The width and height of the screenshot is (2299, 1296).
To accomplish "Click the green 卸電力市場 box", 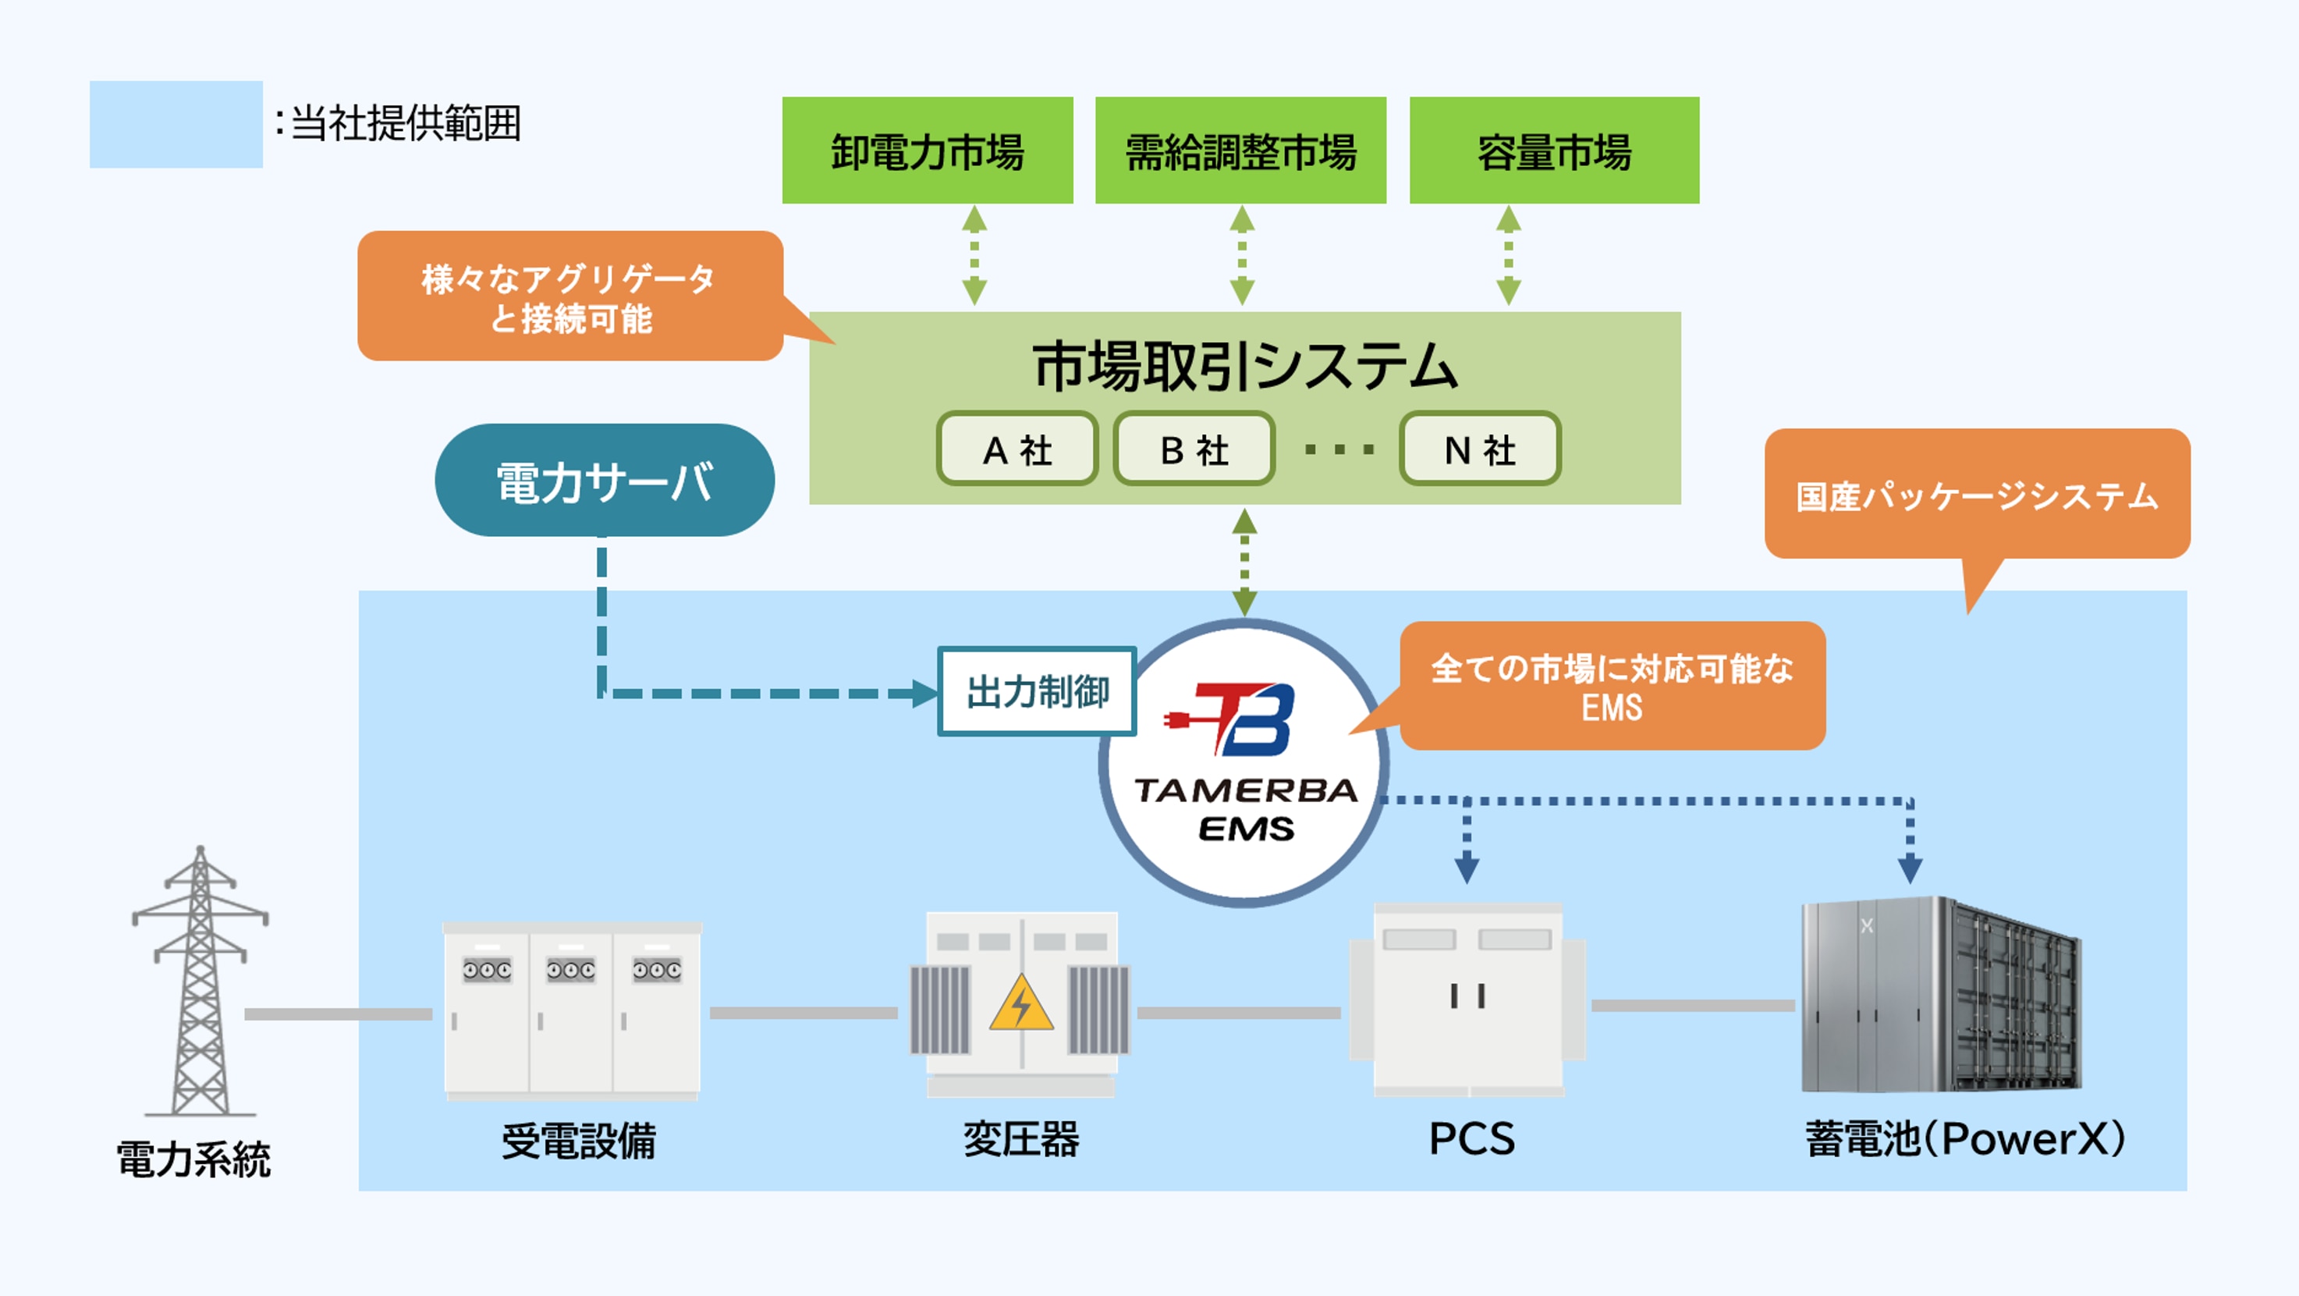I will click(x=928, y=150).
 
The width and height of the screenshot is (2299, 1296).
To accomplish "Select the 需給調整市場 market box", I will click(x=1240, y=150).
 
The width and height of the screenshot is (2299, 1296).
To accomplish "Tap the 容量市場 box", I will click(x=1554, y=150).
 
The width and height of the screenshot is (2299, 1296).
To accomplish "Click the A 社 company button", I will click(x=1016, y=449).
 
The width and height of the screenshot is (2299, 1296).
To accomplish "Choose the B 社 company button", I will click(x=1194, y=449).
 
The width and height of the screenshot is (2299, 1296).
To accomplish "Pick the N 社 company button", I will click(x=1480, y=449).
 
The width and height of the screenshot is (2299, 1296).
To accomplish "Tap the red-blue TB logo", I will click(x=1236, y=719).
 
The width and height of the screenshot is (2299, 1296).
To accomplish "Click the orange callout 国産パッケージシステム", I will click(x=1977, y=495).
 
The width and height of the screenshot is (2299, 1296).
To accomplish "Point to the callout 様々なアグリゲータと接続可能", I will click(x=570, y=297).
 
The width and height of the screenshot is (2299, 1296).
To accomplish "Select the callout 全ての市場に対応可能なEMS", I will click(x=1612, y=686).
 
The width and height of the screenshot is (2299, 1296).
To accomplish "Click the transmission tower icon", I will click(x=200, y=982).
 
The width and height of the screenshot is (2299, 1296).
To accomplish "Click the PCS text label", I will click(x=1471, y=1139).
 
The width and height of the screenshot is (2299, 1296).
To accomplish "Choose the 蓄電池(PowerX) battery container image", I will click(x=1941, y=995).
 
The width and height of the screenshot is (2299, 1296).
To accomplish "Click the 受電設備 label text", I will click(x=578, y=1141).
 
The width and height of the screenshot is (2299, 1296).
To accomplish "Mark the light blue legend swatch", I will click(x=176, y=124).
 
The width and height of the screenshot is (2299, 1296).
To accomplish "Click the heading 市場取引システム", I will click(x=1244, y=366).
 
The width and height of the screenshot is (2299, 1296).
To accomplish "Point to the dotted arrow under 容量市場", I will click(x=1508, y=256).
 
